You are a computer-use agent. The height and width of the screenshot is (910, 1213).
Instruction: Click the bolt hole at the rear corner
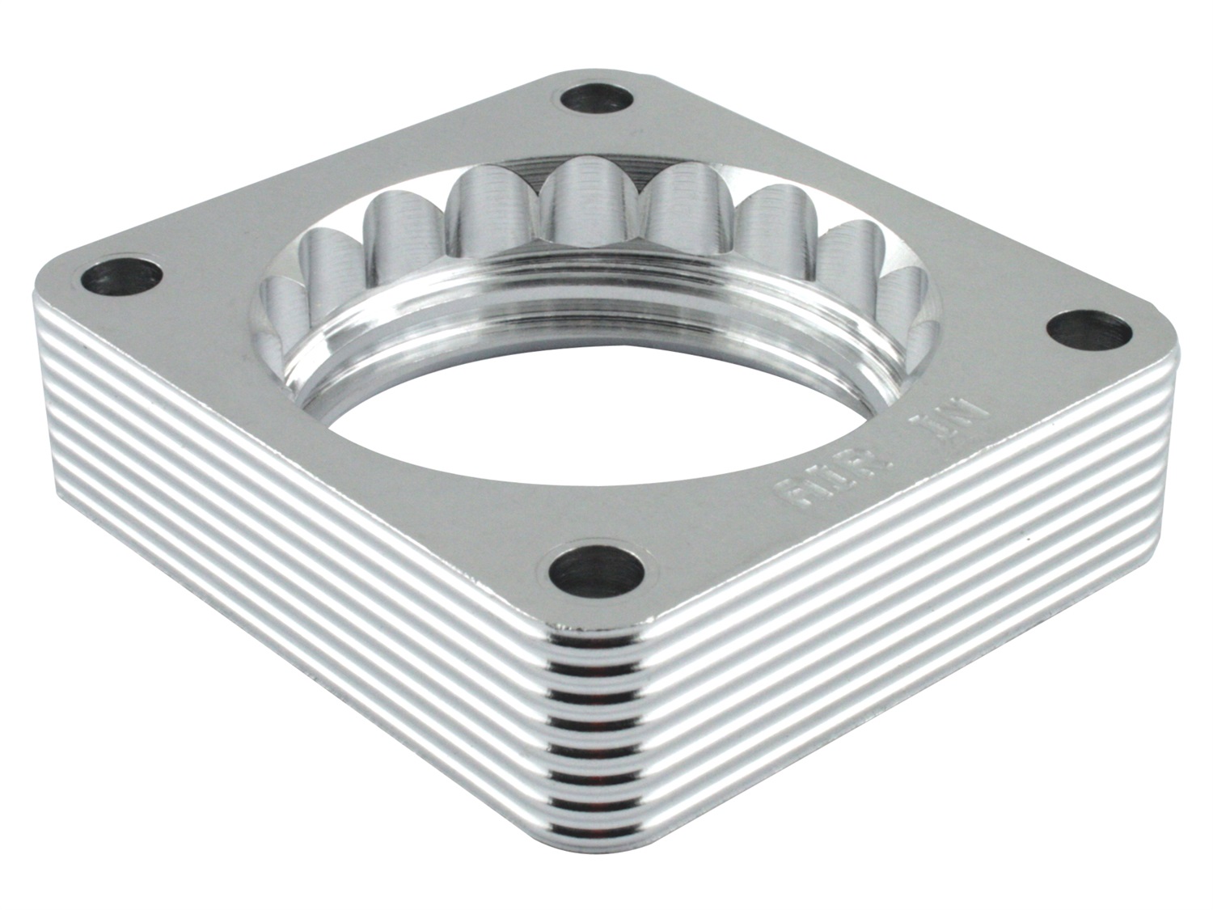[597, 99]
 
